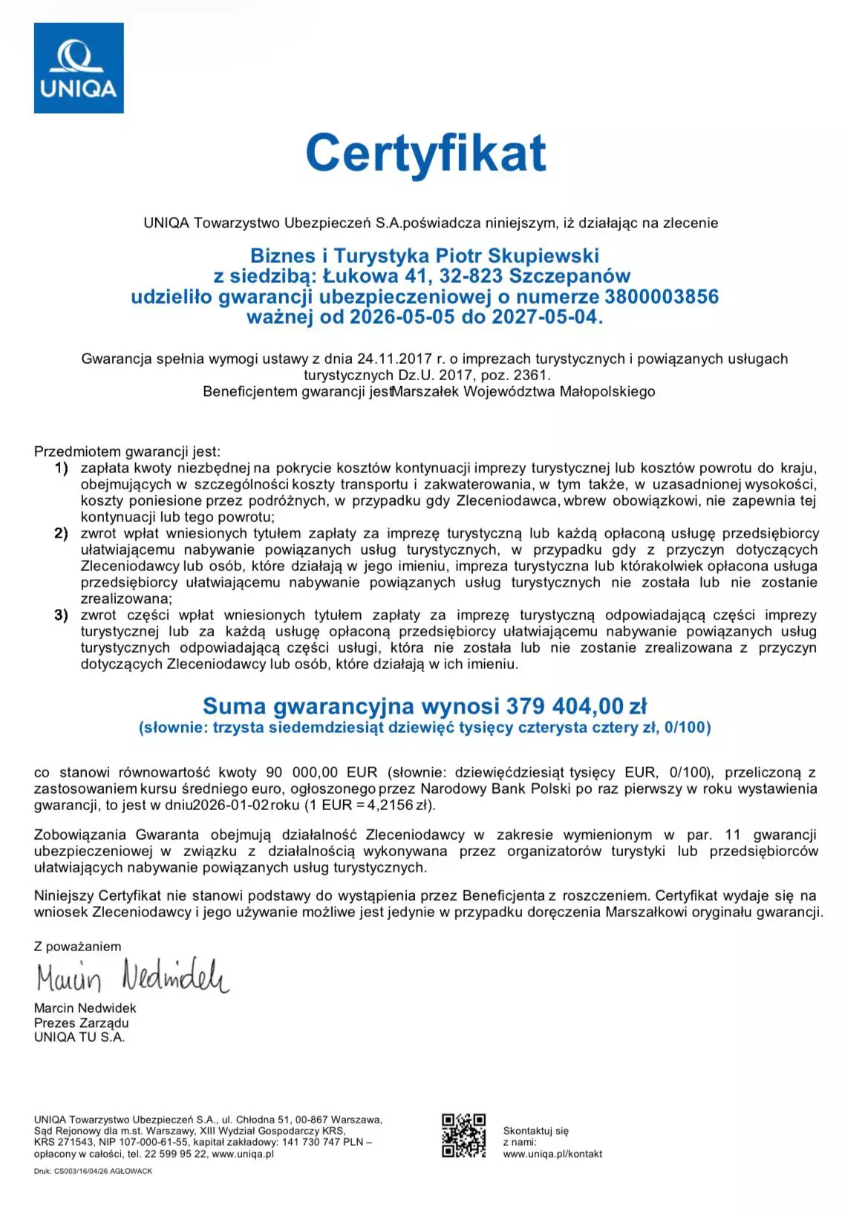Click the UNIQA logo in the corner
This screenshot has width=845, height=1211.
tap(79, 68)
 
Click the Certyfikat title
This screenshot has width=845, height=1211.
tap(425, 153)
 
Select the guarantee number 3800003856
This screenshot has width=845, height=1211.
tap(662, 297)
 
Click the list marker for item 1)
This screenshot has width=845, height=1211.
tap(61, 468)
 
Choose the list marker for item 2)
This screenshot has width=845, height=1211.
tap(61, 533)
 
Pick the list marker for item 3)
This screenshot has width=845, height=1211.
tap(61, 615)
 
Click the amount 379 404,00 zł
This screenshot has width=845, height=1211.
tap(576, 705)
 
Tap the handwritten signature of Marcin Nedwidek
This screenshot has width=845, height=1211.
tap(132, 976)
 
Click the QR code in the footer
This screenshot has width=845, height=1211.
tap(464, 1135)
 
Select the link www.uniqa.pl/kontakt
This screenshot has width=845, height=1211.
tap(552, 1154)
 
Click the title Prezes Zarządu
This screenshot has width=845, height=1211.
tap(81, 1022)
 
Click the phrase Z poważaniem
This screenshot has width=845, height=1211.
tap(77, 946)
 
